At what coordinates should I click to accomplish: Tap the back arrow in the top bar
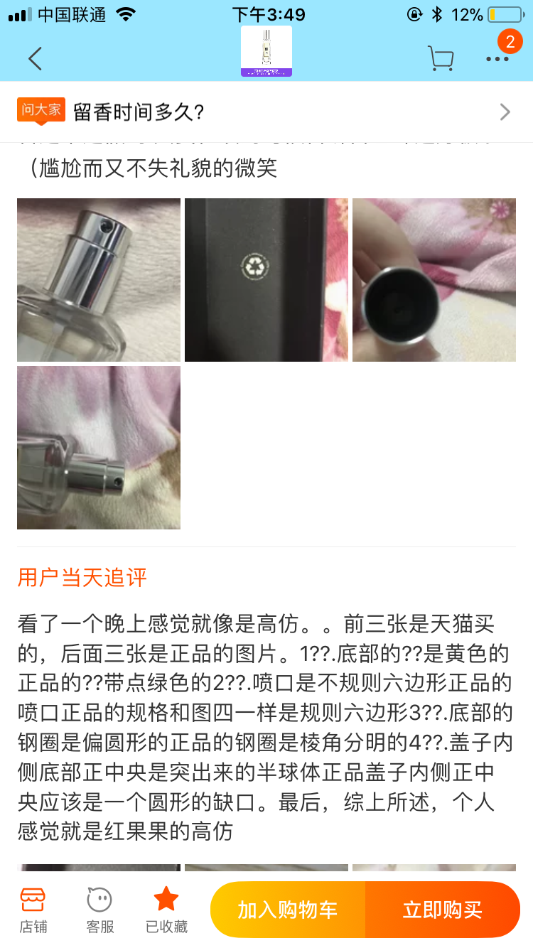(35, 58)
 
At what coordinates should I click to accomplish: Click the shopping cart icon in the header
(441, 58)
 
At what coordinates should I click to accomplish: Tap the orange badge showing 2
(510, 42)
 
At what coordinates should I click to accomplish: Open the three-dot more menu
(497, 60)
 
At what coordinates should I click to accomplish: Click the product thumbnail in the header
(266, 51)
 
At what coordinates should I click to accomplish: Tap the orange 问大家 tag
(41, 110)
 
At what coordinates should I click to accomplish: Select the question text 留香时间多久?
(139, 112)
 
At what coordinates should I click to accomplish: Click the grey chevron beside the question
(505, 112)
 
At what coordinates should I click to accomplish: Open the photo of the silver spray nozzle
(99, 280)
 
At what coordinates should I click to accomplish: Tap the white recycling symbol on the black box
(253, 266)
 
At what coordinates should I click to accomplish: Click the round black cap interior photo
(434, 280)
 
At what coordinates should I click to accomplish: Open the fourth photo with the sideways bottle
(99, 448)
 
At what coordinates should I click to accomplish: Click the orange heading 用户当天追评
(82, 577)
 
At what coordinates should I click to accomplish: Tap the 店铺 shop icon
(33, 909)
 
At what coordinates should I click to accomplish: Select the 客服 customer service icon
(99, 909)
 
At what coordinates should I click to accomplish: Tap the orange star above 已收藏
(166, 899)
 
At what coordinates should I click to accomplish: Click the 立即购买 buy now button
(442, 910)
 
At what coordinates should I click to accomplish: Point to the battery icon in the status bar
(505, 14)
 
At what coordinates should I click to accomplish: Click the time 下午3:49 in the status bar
(269, 14)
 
